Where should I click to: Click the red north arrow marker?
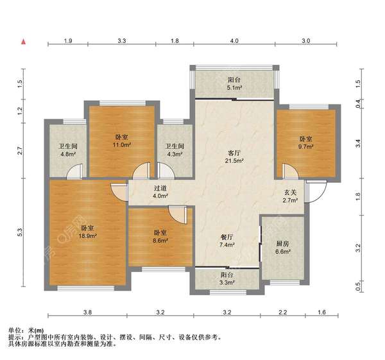click(x=24, y=42)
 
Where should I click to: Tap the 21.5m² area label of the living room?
click(x=234, y=161)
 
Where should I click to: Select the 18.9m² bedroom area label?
click(x=87, y=236)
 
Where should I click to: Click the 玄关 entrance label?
click(x=291, y=193)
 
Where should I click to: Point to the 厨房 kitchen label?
click(x=282, y=244)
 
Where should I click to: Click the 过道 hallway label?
click(x=160, y=189)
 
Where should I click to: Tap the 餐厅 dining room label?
click(x=227, y=237)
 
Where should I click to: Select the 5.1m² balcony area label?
click(x=235, y=87)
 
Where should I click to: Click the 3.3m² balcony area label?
click(x=227, y=282)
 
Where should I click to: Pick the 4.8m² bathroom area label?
click(x=68, y=154)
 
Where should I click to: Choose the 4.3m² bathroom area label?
click(x=175, y=154)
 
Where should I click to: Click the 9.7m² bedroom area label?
click(x=305, y=147)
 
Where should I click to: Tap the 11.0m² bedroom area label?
click(x=121, y=145)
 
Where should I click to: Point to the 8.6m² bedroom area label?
click(x=160, y=241)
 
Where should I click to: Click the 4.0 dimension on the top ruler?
click(x=234, y=41)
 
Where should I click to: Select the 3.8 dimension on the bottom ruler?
click(x=87, y=313)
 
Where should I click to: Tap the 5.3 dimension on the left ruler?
click(x=20, y=232)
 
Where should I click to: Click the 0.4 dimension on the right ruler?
click(x=358, y=104)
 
